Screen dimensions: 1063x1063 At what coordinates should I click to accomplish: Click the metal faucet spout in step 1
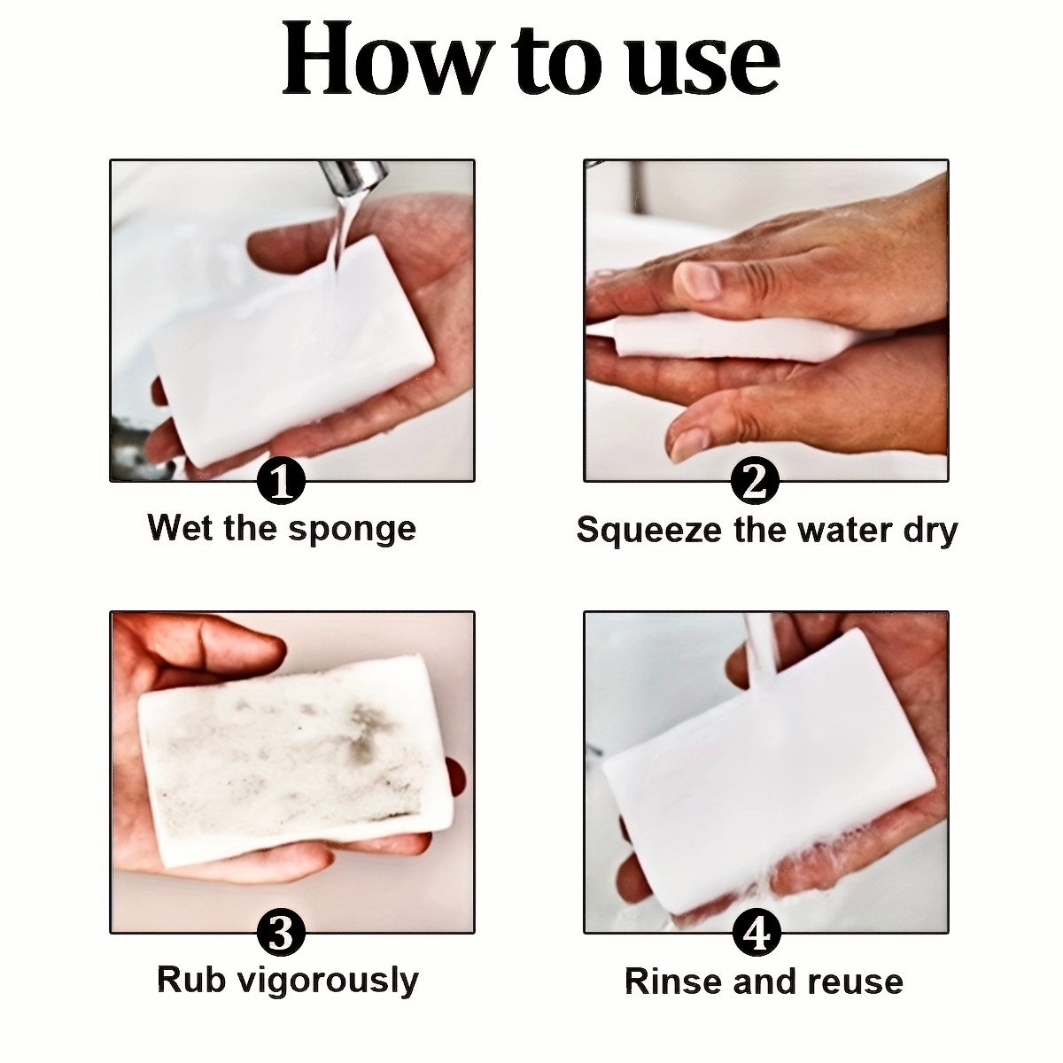354,178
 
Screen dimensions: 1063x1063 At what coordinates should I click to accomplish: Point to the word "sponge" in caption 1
353,531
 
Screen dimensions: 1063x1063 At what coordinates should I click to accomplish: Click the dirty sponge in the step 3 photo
295,760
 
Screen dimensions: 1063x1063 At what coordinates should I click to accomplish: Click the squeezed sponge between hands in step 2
733,336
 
